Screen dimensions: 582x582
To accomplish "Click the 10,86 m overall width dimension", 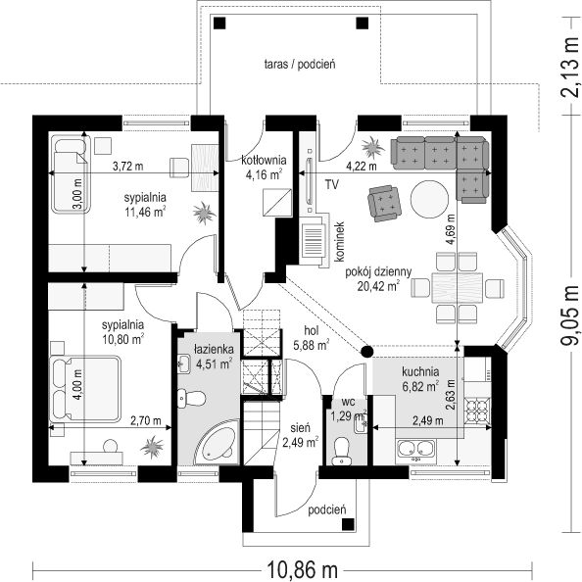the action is (302, 569).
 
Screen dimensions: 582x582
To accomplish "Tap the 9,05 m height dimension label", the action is (568, 315).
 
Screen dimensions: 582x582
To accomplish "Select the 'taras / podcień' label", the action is (300, 65).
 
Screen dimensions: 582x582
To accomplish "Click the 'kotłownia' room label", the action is (264, 160).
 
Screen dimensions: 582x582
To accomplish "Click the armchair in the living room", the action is (385, 204).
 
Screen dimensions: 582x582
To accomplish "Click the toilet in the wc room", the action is (341, 451).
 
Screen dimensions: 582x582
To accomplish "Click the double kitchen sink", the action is (415, 448).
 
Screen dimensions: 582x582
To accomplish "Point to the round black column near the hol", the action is (366, 351).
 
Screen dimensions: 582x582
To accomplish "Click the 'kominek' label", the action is (340, 242).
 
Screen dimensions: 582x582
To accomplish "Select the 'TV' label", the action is (332, 184).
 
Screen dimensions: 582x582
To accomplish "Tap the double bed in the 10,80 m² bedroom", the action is (85, 389).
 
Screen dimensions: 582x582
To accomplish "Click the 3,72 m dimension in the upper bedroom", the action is (127, 167).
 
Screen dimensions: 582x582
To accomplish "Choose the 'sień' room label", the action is (300, 428).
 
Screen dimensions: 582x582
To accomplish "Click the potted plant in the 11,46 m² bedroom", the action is (204, 213).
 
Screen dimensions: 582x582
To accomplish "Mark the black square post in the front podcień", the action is (348, 524).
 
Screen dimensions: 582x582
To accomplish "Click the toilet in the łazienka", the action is (191, 398).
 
